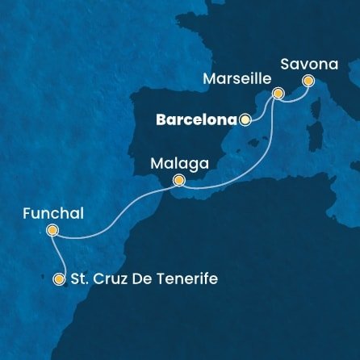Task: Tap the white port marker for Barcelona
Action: [245, 119]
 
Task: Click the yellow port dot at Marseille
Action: [278, 94]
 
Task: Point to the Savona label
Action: [306, 61]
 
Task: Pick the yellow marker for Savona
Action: [308, 80]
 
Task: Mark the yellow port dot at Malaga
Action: [179, 180]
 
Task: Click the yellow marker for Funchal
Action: [52, 230]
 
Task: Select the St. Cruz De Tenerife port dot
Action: [58, 279]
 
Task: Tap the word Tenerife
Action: [187, 279]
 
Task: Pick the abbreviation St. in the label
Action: [82, 279]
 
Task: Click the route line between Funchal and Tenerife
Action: [61, 257]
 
